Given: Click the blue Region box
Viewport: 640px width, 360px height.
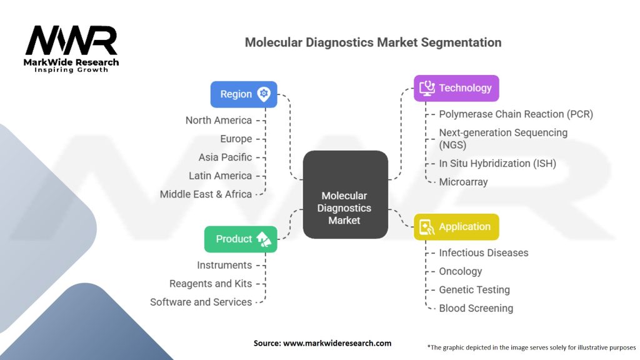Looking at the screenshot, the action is click(x=244, y=94).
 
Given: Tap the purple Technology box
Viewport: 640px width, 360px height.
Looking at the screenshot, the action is click(x=456, y=88).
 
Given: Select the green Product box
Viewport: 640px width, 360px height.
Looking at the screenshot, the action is click(x=241, y=239).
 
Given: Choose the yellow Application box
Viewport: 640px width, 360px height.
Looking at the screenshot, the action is click(x=456, y=227).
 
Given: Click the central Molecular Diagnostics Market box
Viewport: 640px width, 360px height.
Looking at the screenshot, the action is click(x=345, y=195).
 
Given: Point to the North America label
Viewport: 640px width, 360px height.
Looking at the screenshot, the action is click(x=218, y=121).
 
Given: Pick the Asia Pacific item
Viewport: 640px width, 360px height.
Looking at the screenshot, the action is click(x=225, y=157).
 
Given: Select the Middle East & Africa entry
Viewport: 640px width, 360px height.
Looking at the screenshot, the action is click(x=206, y=194).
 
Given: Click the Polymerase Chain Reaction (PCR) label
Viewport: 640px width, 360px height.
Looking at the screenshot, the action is click(x=516, y=114).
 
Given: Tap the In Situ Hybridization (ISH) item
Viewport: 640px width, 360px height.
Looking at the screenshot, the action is click(x=497, y=163).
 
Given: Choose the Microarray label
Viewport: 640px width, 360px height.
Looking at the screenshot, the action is click(x=463, y=182).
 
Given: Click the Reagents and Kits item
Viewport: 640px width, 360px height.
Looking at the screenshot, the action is click(x=211, y=284).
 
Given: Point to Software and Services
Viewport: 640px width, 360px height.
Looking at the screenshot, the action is click(x=201, y=302).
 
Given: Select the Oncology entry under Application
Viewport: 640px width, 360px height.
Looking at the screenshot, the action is click(x=461, y=271).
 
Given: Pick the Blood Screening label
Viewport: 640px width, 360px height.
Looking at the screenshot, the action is click(x=476, y=308).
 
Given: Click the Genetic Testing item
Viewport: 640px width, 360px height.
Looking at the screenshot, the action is click(x=474, y=290).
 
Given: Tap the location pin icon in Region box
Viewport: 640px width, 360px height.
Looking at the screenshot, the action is click(x=264, y=94).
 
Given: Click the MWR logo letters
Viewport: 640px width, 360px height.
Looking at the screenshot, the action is click(x=71, y=40).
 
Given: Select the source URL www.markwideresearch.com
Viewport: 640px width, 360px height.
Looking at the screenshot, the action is click(x=337, y=343).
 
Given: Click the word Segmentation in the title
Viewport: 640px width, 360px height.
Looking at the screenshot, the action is click(x=461, y=43).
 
